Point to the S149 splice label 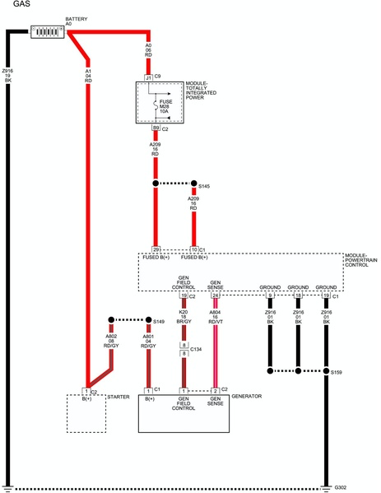(159, 322)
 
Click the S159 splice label (336, 373)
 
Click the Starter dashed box (86, 412)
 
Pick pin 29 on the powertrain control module (156, 249)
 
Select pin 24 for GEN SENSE (216, 295)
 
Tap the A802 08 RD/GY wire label (109, 341)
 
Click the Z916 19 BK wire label (7, 76)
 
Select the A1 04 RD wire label (89, 76)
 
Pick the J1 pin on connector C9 (148, 77)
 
